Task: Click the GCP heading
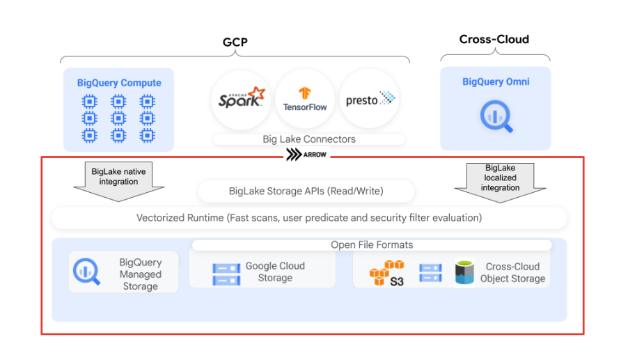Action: point(235,42)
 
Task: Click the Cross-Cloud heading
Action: point(494,39)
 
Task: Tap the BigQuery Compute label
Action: point(119,83)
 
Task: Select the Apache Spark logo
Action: point(241,98)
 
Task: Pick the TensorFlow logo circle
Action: point(305,99)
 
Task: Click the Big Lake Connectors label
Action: point(309,139)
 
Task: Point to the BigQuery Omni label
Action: point(496,81)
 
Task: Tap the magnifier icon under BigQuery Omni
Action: point(496,116)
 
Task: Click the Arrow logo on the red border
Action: point(306,155)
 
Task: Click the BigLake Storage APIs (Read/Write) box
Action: point(306,191)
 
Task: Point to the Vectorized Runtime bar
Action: point(309,218)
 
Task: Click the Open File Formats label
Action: point(372,244)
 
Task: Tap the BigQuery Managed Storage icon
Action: point(87,272)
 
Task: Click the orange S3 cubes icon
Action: point(386,272)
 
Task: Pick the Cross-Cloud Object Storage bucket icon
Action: point(464,272)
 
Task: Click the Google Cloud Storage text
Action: point(275,272)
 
